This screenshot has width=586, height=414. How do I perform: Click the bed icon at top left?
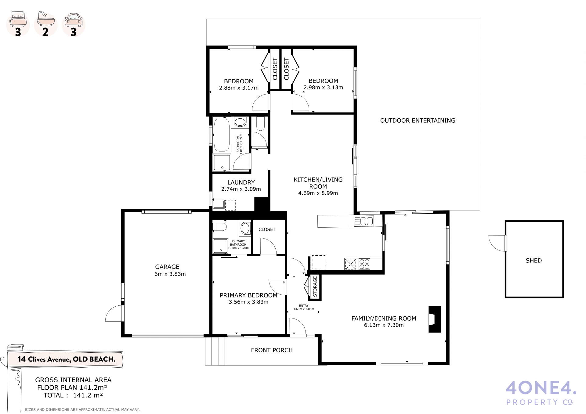[x=18, y=19]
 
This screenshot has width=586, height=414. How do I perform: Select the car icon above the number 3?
[x=74, y=19]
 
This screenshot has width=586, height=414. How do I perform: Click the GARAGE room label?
[x=167, y=267]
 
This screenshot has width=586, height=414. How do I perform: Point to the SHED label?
[x=534, y=261]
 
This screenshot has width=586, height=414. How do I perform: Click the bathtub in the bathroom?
[x=221, y=135]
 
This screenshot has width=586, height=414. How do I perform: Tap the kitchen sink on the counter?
[x=364, y=221]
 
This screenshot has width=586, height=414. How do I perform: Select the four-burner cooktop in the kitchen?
[x=364, y=264]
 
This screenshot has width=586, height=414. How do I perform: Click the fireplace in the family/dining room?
[x=435, y=319]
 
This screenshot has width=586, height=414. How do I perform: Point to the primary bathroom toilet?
[x=219, y=227]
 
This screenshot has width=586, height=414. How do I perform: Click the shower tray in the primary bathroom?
[x=220, y=246]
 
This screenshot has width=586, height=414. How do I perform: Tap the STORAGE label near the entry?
[x=315, y=286]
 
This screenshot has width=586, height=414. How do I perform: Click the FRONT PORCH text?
[x=272, y=350]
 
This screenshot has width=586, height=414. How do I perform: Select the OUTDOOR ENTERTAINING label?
[x=418, y=121]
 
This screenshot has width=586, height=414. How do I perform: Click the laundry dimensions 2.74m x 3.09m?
[x=241, y=189]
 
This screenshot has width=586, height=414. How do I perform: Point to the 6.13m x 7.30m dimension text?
[x=384, y=325]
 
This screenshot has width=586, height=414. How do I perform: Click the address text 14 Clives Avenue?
[x=44, y=359]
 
